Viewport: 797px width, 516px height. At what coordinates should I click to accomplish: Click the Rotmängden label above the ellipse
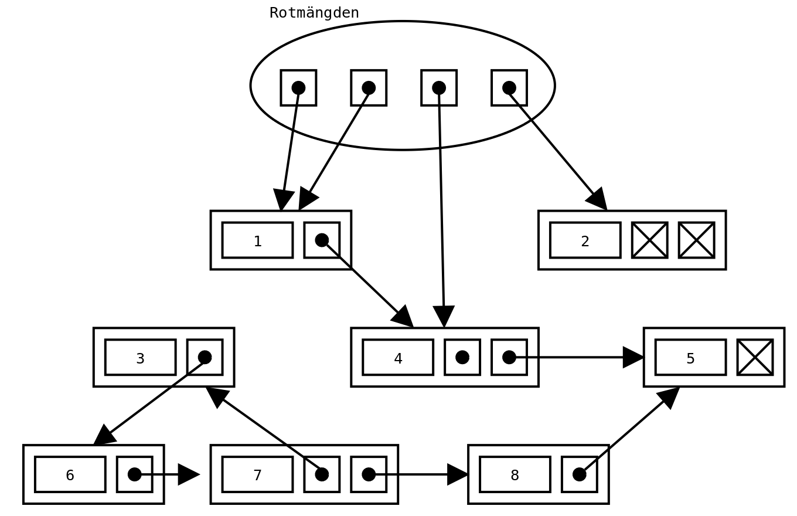pos(314,13)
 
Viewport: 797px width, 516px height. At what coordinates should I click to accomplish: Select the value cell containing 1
pos(257,240)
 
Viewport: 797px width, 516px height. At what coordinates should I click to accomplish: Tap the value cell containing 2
pos(585,240)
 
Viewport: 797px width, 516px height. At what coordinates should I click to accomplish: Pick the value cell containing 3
pos(140,357)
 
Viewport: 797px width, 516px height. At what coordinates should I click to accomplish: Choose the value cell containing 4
pos(398,357)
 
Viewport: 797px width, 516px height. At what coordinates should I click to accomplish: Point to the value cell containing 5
pos(690,357)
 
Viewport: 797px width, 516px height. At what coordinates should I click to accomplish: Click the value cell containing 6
pos(70,474)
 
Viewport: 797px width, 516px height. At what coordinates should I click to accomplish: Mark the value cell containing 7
pos(257,474)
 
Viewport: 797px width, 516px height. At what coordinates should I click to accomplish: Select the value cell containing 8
pos(515,474)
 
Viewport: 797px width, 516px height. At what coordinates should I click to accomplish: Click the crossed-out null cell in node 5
pos(755,357)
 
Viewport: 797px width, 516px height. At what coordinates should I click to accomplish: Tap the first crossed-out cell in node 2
pos(649,240)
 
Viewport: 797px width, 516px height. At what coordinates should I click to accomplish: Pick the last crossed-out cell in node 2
pos(696,240)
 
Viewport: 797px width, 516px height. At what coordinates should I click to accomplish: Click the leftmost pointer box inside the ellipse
pos(298,88)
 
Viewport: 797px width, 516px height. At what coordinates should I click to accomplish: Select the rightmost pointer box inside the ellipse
pos(509,88)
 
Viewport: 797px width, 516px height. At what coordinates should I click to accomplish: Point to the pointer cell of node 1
pos(322,240)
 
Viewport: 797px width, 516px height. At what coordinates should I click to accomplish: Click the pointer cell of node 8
pos(579,474)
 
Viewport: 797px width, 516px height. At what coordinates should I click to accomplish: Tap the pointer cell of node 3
pos(205,357)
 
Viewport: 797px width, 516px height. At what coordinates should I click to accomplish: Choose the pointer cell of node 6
pos(134,474)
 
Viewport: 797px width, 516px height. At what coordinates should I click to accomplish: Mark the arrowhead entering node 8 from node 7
pos(458,474)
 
